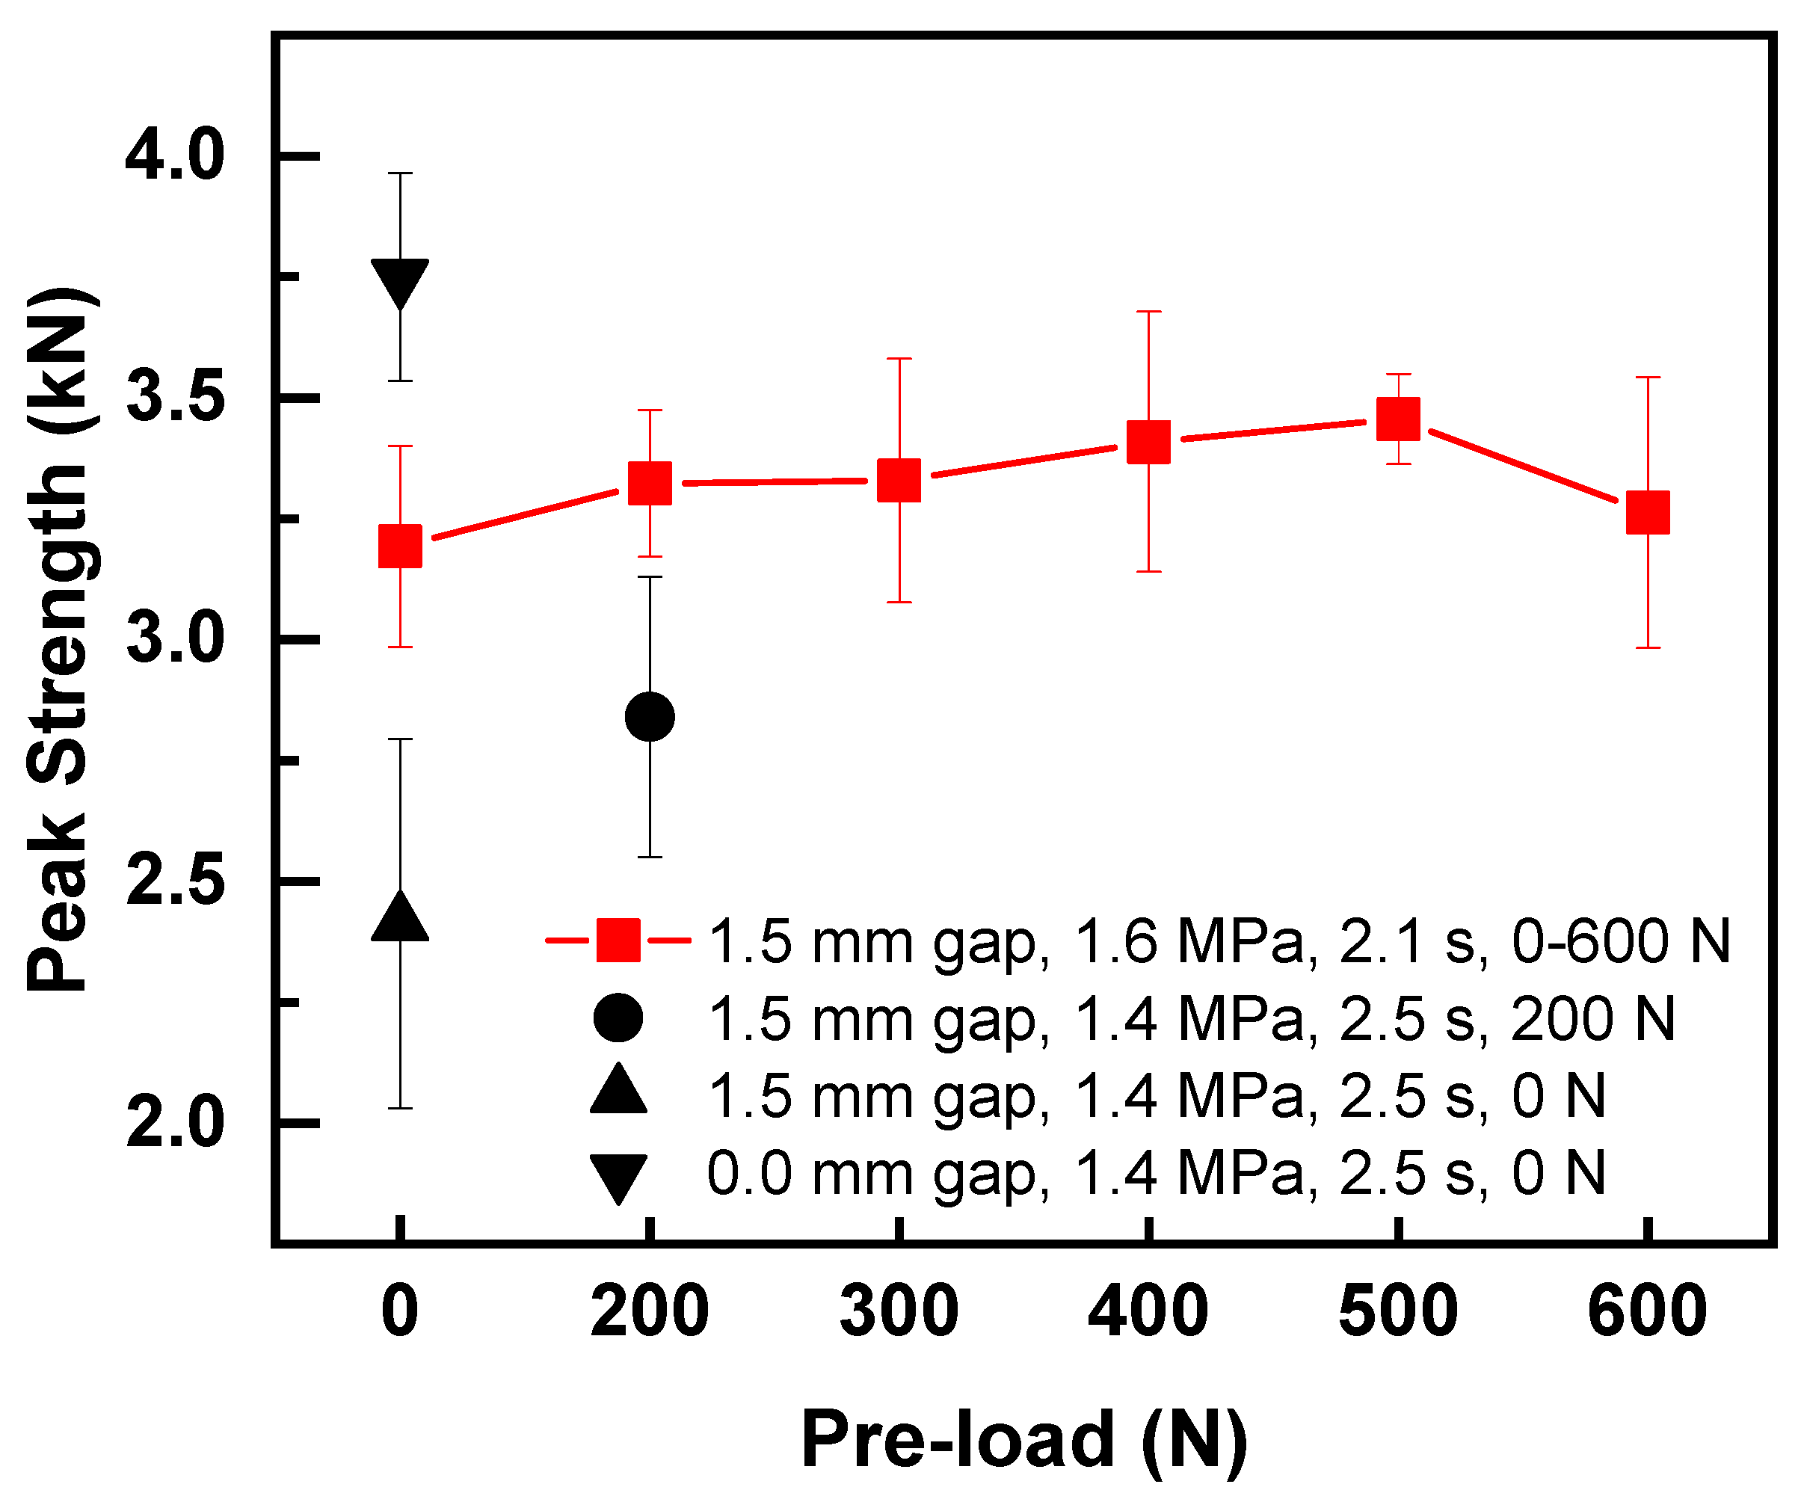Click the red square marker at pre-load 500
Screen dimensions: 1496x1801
(1398, 419)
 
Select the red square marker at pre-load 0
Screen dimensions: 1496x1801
(400, 546)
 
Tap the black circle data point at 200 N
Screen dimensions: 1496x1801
(650, 716)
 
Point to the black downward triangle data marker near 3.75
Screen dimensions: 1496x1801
(400, 281)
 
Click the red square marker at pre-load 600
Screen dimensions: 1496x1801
(1648, 512)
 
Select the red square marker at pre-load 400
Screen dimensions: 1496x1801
(1148, 442)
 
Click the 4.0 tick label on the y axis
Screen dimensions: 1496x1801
(174, 156)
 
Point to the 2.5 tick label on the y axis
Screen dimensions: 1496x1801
(174, 881)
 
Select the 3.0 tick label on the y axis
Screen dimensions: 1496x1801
(174, 639)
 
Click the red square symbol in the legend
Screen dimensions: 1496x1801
(618, 941)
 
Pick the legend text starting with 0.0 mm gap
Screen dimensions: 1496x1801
(1156, 1174)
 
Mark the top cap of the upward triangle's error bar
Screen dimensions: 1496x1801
(400, 739)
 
